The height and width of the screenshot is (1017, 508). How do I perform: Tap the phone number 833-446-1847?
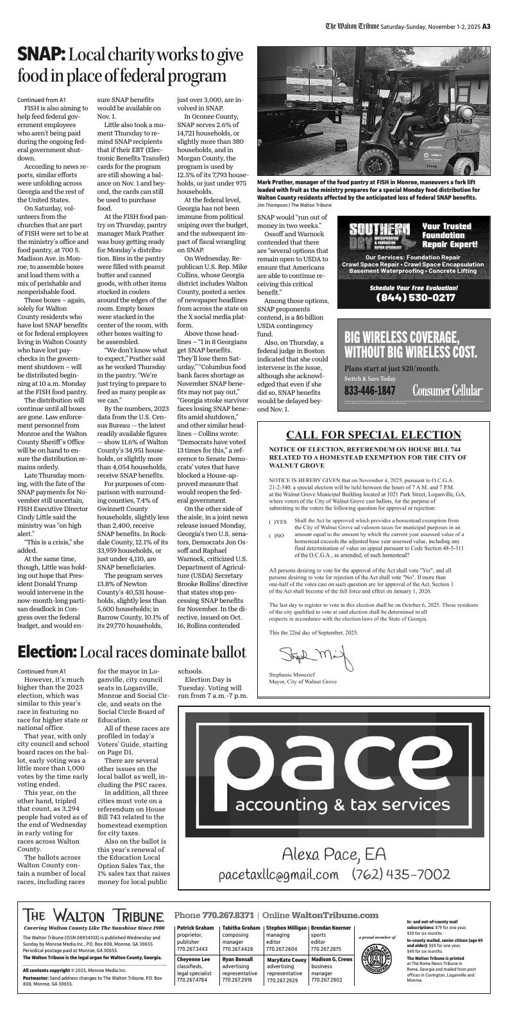coord(369,390)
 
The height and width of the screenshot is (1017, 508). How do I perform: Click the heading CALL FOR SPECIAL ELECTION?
coord(373,435)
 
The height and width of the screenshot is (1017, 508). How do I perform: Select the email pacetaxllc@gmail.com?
coord(278,874)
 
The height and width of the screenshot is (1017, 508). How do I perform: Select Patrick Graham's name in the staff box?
coord(195,928)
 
